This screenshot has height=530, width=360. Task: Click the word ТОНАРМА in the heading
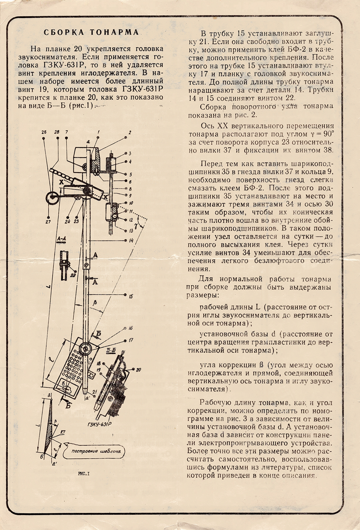pyautogui.click(x=114, y=32)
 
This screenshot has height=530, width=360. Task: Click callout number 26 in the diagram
pyautogui.click(x=44, y=132)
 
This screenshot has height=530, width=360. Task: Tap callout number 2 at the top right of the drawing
pyautogui.click(x=130, y=132)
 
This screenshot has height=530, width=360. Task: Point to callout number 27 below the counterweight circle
pyautogui.click(x=48, y=222)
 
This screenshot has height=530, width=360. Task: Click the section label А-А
pyautogui.click(x=61, y=239)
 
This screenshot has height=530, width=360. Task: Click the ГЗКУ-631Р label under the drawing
pyautogui.click(x=99, y=424)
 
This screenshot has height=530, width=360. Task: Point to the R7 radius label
pyautogui.click(x=63, y=432)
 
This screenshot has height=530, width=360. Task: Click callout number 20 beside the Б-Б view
pyautogui.click(x=138, y=369)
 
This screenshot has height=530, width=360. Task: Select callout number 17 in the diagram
pyautogui.click(x=131, y=340)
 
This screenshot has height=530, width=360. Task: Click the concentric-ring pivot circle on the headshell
pyautogui.click(x=85, y=349)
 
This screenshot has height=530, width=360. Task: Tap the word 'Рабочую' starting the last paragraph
pyautogui.click(x=216, y=402)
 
